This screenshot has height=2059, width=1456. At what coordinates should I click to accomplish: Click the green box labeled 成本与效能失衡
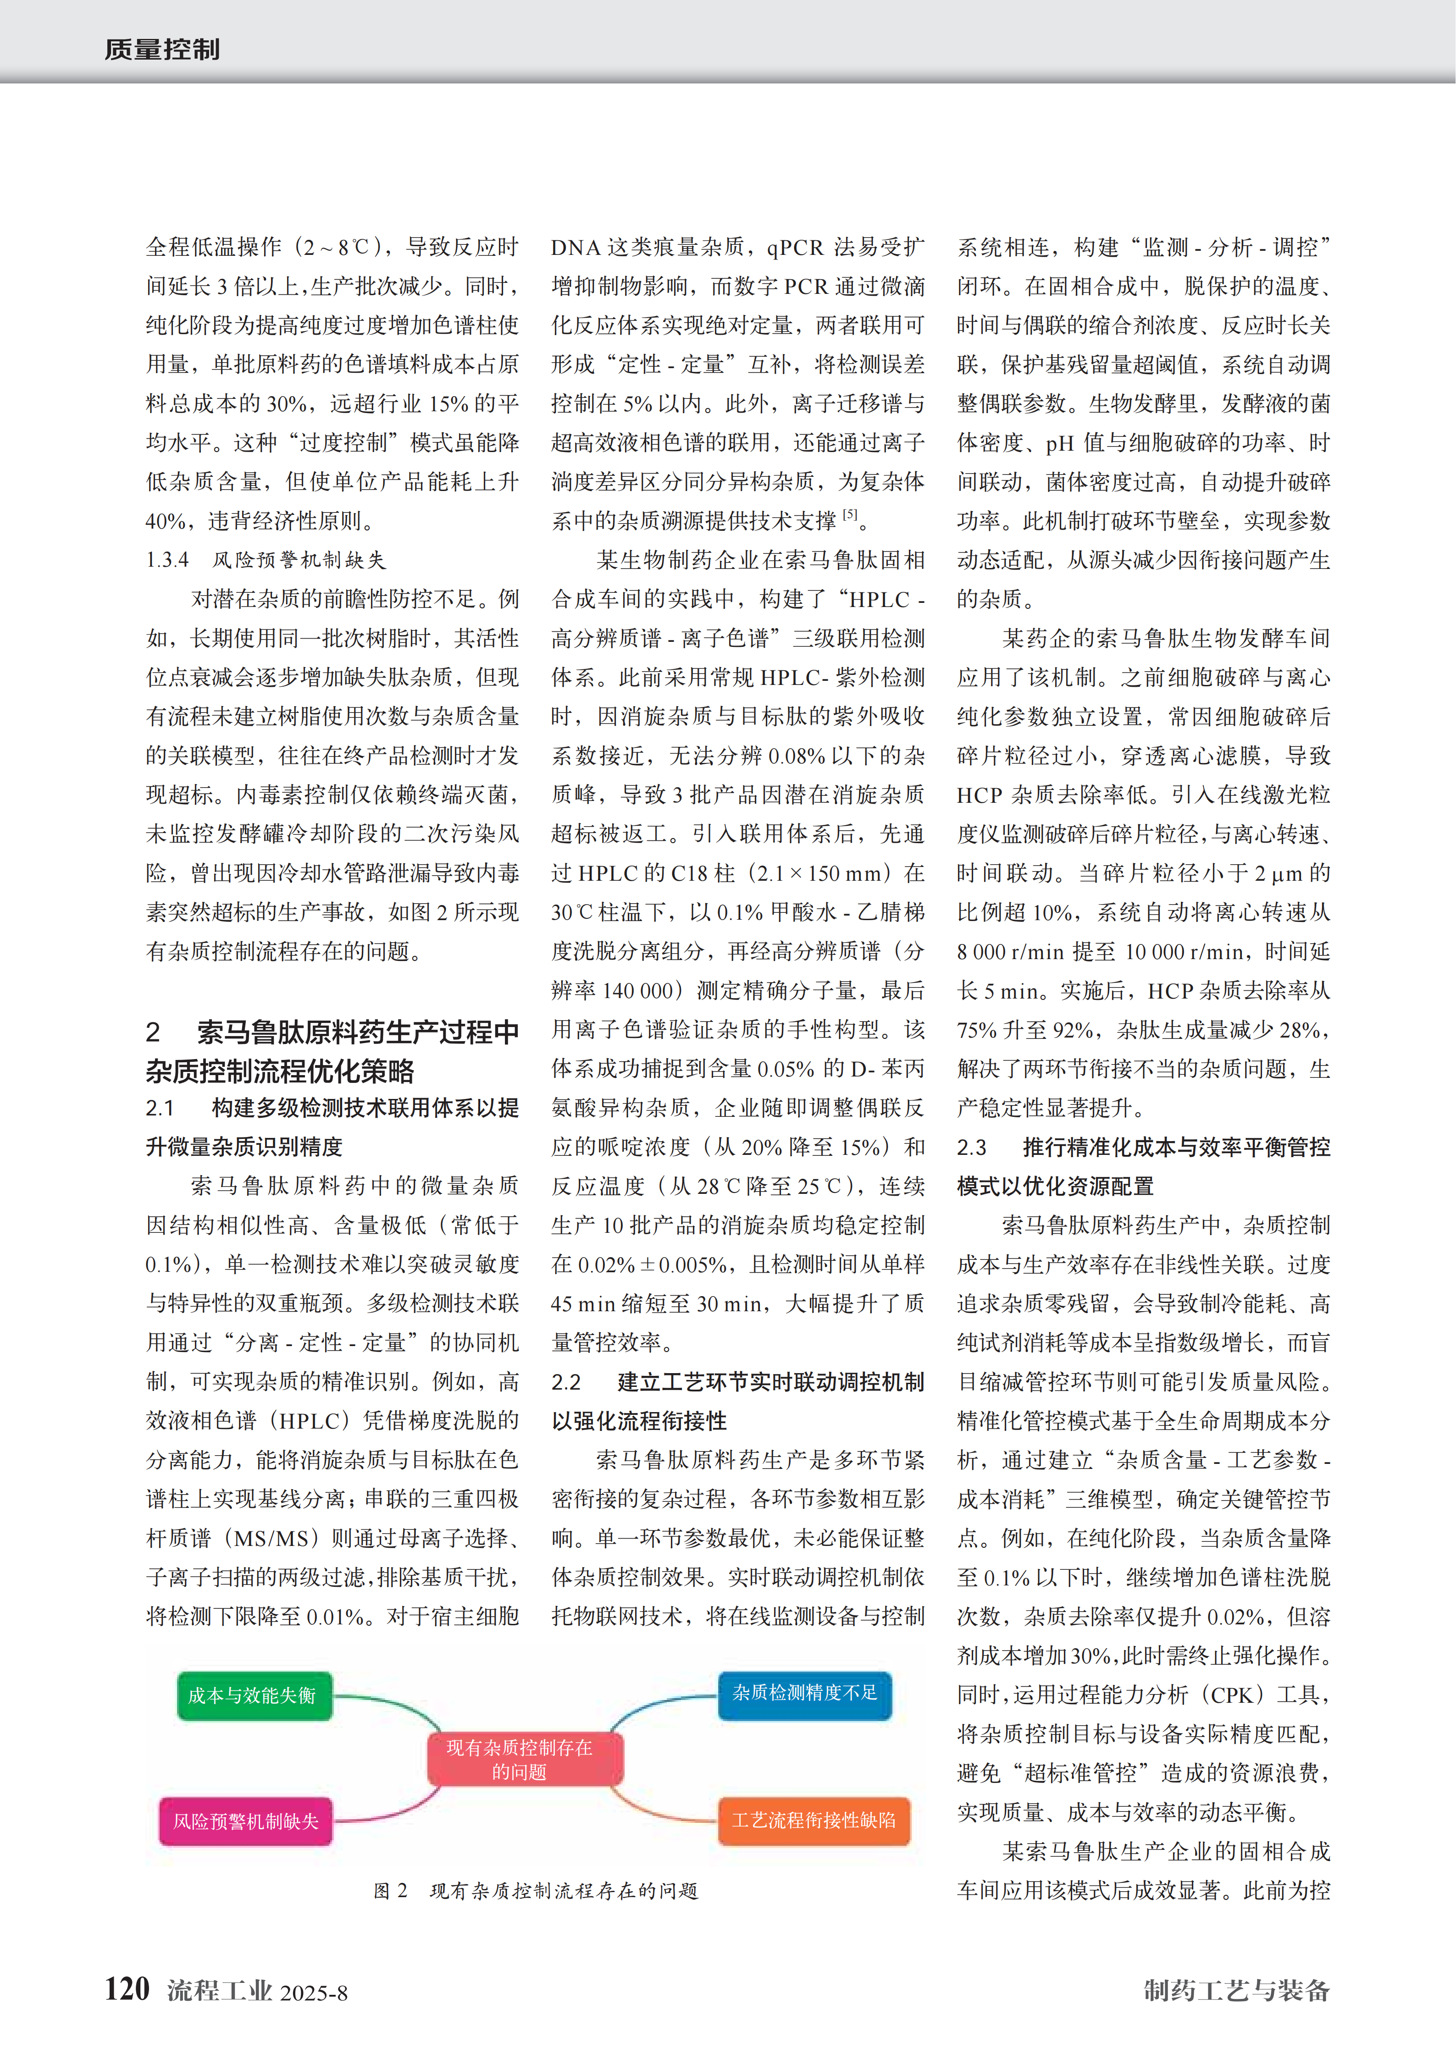(254, 1695)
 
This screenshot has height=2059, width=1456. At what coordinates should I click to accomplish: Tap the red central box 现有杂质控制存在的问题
(520, 1759)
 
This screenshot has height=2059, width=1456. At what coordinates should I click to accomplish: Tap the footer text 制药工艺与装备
(1236, 1990)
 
